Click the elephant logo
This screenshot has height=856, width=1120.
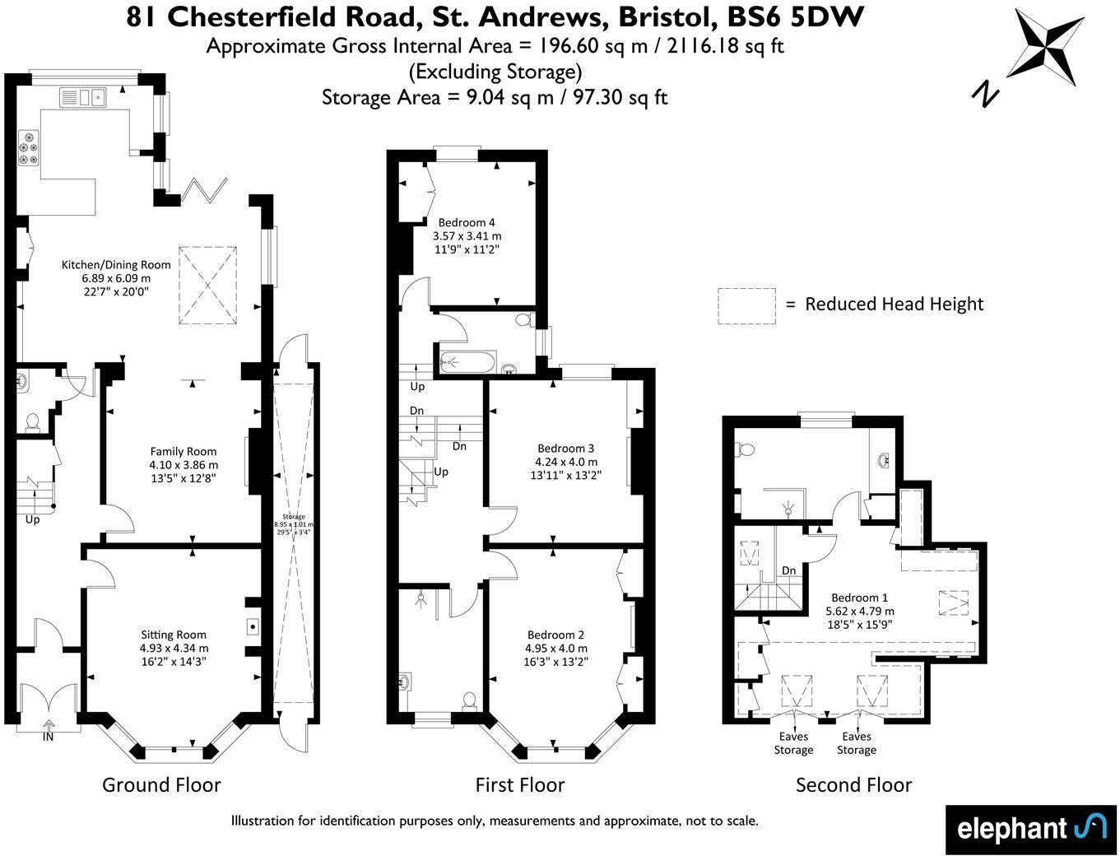pos(1030,828)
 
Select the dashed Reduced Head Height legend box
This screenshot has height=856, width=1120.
pos(746,306)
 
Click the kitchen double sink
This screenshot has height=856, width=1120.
pos(83,98)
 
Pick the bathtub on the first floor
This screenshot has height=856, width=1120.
pos(467,361)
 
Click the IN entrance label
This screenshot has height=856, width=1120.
pos(49,737)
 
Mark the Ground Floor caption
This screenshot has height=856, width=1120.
pos(161,784)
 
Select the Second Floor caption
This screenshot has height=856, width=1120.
pos(853,785)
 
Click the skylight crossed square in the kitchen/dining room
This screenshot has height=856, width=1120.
pos(208,285)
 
